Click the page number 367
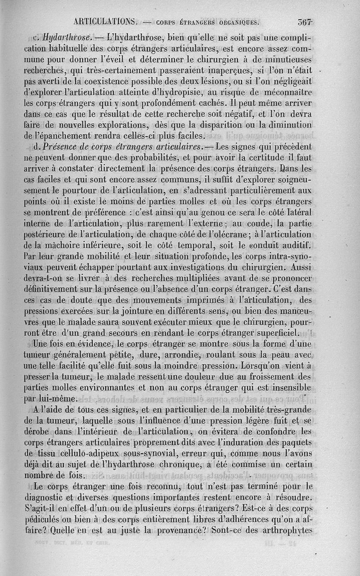(x=305, y=21)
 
